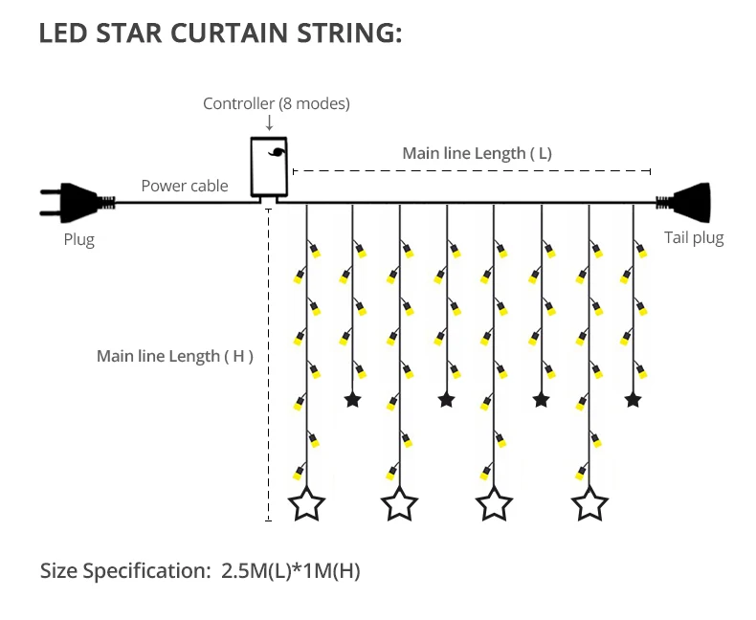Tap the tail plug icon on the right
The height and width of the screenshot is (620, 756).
coord(686,201)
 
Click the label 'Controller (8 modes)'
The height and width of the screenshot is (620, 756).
coord(277,103)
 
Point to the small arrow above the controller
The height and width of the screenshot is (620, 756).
coord(269,123)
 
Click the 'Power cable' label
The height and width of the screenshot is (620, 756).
coord(185,186)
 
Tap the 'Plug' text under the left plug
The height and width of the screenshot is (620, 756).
coord(79,239)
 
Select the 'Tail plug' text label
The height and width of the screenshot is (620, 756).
coord(694,237)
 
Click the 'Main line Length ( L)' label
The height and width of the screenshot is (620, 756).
coord(477,153)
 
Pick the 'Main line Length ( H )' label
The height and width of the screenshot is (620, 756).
coord(175,356)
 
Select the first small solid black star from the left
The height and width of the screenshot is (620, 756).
coord(353,399)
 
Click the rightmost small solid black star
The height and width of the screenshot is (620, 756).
coord(633,399)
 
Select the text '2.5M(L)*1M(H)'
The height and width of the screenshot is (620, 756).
coord(290,571)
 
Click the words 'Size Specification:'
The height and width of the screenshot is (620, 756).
coord(124,572)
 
